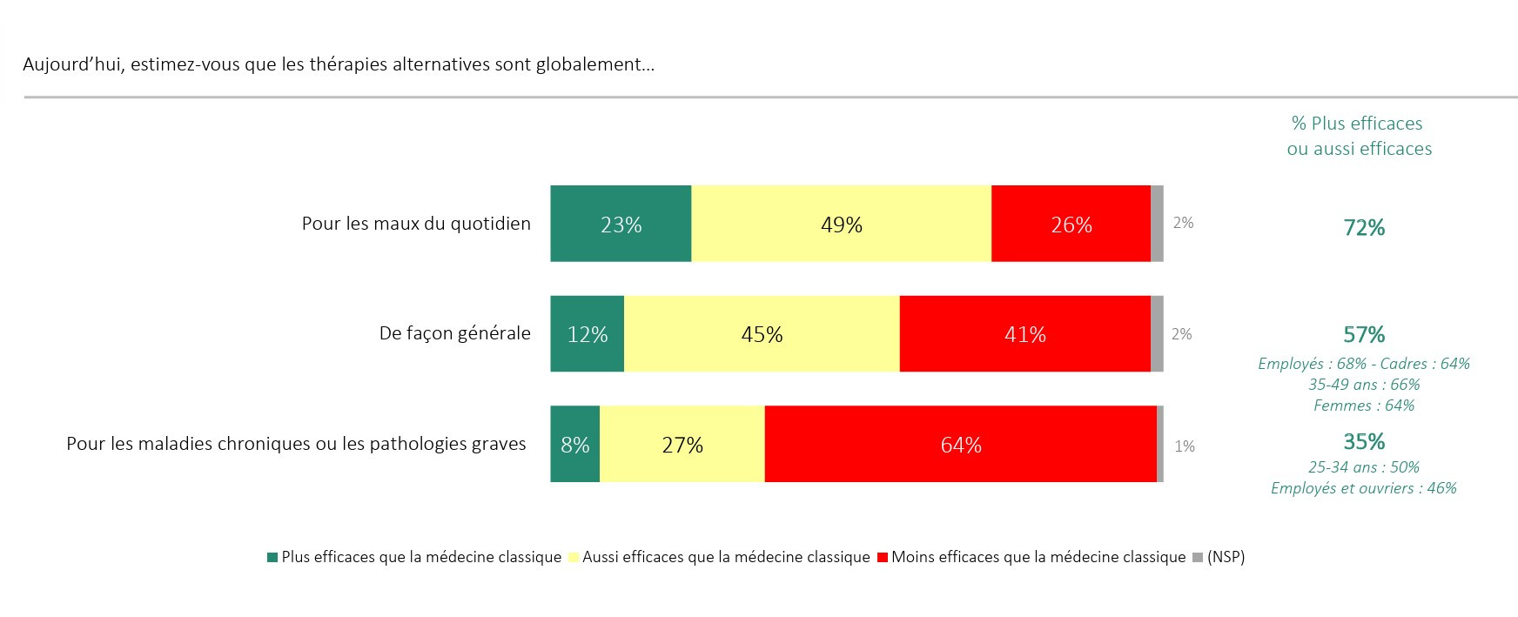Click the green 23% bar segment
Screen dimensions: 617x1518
(x=621, y=224)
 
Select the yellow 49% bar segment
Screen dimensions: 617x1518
(x=841, y=224)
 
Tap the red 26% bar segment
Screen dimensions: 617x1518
(x=1071, y=224)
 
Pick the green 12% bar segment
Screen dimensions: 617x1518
(x=587, y=334)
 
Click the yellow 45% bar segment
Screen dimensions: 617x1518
(x=762, y=334)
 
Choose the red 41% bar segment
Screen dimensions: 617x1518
(x=1024, y=334)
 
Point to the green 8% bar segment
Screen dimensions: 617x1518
(x=574, y=445)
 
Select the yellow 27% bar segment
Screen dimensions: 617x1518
(x=682, y=445)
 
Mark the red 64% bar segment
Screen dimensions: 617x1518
(x=960, y=445)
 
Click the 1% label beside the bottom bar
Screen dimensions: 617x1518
(x=1184, y=446)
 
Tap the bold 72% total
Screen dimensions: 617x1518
(x=1363, y=228)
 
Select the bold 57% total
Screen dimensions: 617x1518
(x=1363, y=335)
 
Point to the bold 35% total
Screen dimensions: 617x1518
(x=1363, y=441)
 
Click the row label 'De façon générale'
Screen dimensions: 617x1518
(x=454, y=333)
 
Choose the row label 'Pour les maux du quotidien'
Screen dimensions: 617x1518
(x=416, y=224)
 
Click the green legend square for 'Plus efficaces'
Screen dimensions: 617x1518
(x=272, y=557)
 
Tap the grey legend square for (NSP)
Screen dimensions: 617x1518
(x=1198, y=557)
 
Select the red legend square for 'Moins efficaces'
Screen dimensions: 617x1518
(x=883, y=557)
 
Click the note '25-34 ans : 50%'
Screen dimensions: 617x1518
(x=1363, y=467)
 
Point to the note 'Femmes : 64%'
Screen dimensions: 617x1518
(x=1363, y=406)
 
